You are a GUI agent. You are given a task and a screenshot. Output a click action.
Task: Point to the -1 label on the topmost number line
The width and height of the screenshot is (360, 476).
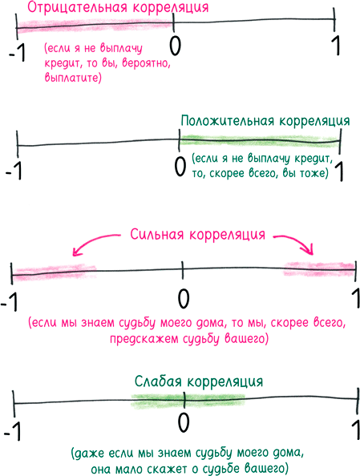(18, 54)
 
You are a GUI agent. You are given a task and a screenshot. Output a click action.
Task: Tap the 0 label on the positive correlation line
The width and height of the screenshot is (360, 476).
(180, 167)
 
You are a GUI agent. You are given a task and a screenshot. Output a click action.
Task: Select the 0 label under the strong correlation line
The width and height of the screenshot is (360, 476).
(183, 297)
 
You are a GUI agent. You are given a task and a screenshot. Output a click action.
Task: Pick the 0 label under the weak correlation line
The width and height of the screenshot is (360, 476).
(184, 422)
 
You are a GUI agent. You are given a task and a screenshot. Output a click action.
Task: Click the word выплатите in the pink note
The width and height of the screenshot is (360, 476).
(73, 79)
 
